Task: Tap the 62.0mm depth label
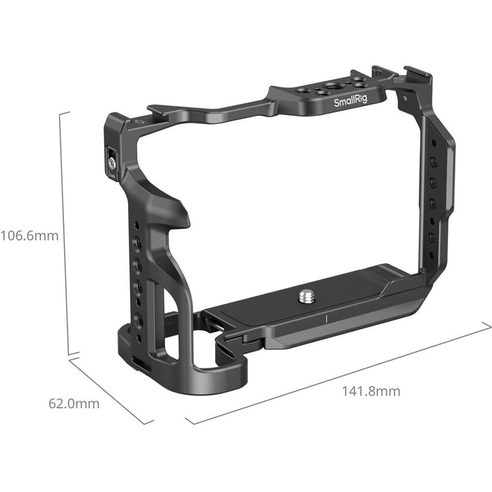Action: (x=74, y=404)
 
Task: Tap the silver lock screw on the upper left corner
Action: (x=113, y=163)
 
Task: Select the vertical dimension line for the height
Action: (x=61, y=234)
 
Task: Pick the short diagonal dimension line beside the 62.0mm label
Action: (x=111, y=391)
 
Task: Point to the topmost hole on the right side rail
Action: (x=434, y=161)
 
